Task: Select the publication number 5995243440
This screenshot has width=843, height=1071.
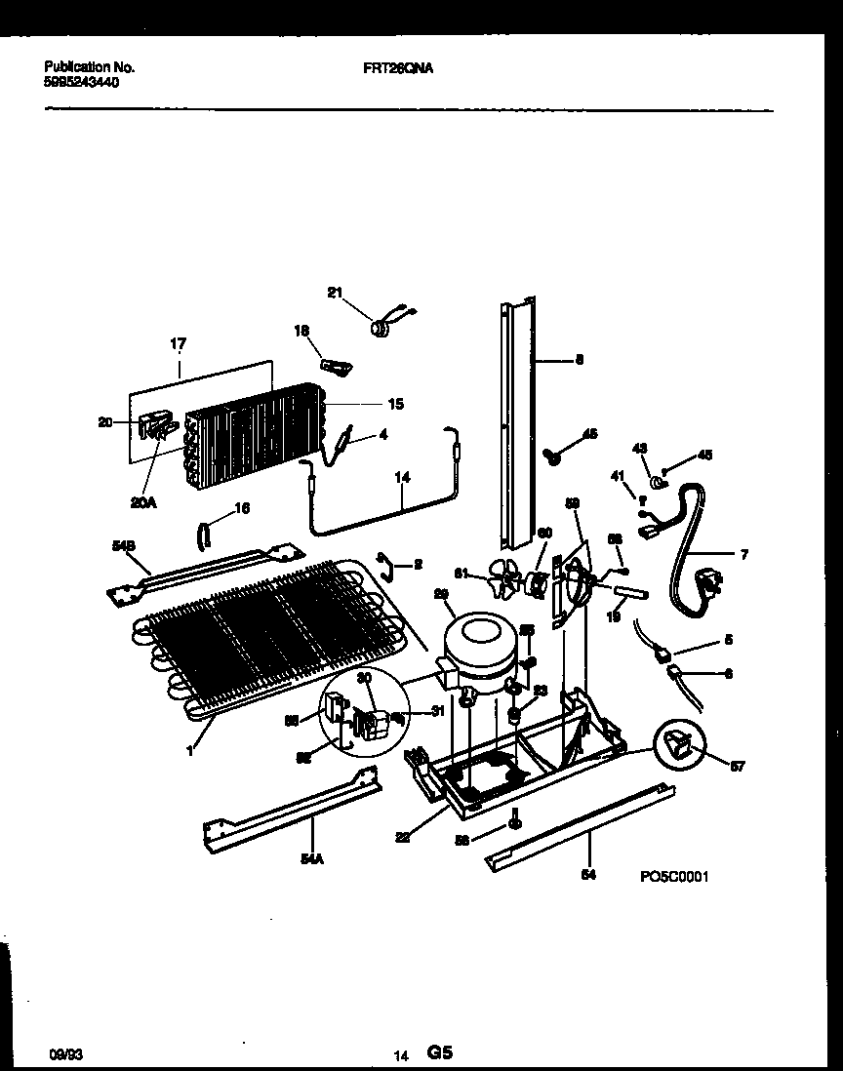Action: pos(83,83)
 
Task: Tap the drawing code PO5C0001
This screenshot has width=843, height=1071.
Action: pos(673,877)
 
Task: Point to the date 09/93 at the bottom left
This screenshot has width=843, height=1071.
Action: pos(62,1054)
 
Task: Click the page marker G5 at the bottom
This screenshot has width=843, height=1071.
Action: pos(439,1052)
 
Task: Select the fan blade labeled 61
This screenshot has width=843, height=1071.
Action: pos(507,583)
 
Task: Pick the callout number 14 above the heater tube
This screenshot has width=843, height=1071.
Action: pos(403,479)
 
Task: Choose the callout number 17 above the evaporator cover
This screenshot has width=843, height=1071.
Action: pos(179,345)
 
